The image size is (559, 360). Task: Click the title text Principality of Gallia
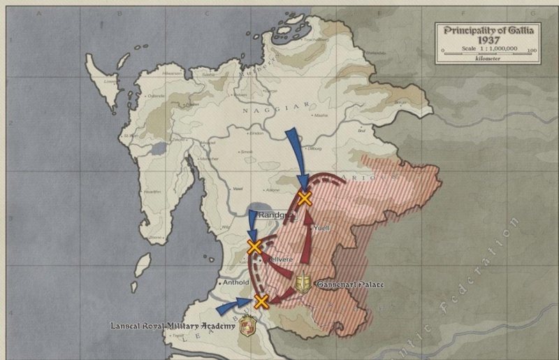tap(486, 31)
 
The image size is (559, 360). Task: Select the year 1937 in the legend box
tap(486, 41)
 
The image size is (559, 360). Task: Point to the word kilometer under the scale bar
tap(487, 59)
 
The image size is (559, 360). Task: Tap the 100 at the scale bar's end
tap(532, 51)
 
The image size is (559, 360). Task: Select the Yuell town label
tap(321, 229)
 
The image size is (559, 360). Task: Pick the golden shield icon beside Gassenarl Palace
tap(304, 283)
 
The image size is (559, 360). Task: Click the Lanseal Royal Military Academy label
tap(172, 326)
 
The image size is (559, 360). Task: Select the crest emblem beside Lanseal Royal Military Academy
tap(245, 326)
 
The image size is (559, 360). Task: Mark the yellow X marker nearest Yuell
tap(304, 198)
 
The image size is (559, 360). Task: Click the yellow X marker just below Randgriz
tap(254, 246)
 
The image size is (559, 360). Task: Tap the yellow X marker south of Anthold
tap(261, 301)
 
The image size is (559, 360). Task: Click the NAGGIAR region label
tap(260, 110)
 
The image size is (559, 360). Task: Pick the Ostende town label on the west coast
tap(154, 96)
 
